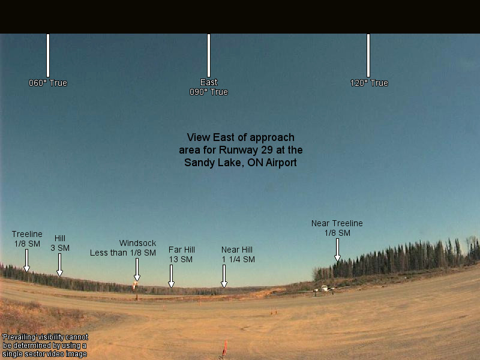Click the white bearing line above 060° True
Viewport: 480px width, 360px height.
[48, 55]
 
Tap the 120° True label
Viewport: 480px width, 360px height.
[369, 83]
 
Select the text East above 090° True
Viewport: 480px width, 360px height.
[209, 82]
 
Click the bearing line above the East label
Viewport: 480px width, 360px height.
[209, 55]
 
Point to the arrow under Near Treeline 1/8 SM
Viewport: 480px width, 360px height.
[337, 250]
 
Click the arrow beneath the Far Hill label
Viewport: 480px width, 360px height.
[172, 276]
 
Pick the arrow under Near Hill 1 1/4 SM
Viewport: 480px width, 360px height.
[224, 276]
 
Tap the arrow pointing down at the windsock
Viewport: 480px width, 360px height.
[137, 269]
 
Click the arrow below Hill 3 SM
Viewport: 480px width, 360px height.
[59, 265]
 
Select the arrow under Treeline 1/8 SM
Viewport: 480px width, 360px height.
[26, 260]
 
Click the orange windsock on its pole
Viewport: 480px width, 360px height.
[135, 286]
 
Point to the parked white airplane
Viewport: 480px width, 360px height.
[324, 290]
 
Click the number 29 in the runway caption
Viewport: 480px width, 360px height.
[267, 150]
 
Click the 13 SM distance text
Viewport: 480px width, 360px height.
[181, 259]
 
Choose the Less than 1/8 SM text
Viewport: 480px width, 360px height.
[123, 253]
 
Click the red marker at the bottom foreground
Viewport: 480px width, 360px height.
[225, 349]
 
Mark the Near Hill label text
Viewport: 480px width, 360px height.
[237, 250]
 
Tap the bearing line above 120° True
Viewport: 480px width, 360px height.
[368, 55]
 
